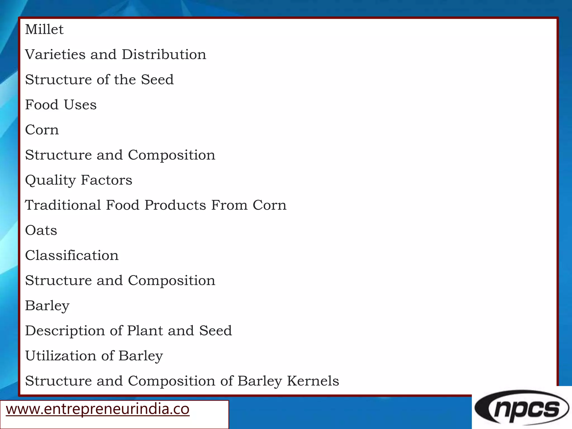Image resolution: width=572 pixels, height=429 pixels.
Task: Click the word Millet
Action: tap(44, 29)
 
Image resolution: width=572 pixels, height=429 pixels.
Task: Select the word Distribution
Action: tap(164, 54)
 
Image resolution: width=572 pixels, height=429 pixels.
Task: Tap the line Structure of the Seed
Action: tap(99, 80)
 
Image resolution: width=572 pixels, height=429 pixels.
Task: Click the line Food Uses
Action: tap(61, 105)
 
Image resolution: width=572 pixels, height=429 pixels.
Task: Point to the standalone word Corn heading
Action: tap(42, 130)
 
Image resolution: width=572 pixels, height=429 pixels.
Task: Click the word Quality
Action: tap(51, 180)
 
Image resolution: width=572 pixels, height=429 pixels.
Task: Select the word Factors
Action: tap(106, 180)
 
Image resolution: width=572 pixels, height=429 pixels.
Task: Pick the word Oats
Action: tap(41, 230)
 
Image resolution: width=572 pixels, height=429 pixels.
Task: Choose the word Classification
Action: tap(72, 256)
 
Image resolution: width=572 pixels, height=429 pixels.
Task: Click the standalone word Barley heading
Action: tap(47, 306)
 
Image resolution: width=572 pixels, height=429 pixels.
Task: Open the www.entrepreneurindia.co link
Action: tap(97, 409)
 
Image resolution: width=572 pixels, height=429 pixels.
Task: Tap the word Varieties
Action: tap(55, 54)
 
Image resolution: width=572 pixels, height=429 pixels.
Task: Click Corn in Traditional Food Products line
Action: tap(270, 205)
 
